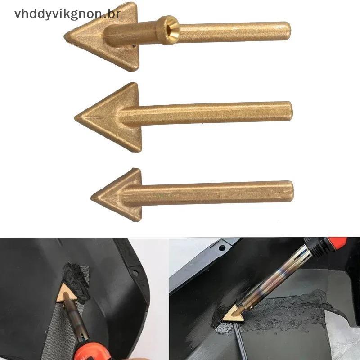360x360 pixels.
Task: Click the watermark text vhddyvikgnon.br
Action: [x=67, y=13]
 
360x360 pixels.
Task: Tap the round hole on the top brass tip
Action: [x=170, y=28]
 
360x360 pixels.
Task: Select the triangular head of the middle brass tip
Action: [x=108, y=117]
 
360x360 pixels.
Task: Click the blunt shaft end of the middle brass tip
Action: [x=290, y=112]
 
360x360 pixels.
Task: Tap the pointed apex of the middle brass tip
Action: [x=75, y=118]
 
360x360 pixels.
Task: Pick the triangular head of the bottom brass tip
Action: [x=116, y=195]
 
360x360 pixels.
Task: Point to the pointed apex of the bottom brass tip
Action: [x=91, y=198]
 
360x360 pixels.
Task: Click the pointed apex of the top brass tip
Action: [x=64, y=37]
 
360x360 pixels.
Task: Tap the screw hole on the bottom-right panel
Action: [x=222, y=248]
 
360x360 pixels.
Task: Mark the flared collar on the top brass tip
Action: [x=167, y=30]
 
